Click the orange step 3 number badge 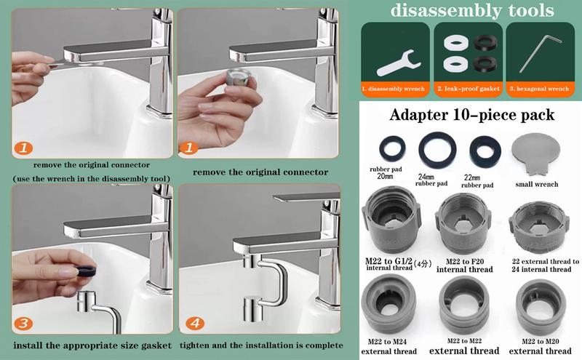pos(25,322)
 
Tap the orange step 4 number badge pos(195,322)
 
